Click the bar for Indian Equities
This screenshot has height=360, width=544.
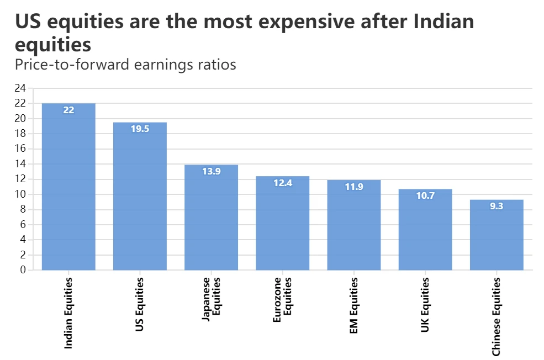pyautogui.click(x=68, y=188)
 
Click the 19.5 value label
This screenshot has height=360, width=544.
pyautogui.click(x=140, y=129)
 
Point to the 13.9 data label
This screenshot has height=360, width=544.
pyautogui.click(x=211, y=171)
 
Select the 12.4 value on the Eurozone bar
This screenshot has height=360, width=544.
pyautogui.click(x=283, y=183)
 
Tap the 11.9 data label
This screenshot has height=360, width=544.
pyautogui.click(x=354, y=187)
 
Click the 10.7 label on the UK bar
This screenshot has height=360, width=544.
pyautogui.click(x=425, y=195)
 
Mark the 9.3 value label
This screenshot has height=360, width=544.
pyautogui.click(x=497, y=207)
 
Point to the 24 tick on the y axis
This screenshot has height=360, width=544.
pyautogui.click(x=20, y=88)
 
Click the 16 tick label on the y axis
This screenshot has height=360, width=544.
pyautogui.click(x=20, y=149)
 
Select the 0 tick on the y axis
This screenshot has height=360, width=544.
pyautogui.click(x=23, y=270)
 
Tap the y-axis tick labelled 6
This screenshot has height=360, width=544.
pyautogui.click(x=23, y=225)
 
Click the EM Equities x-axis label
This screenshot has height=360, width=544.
pyautogui.click(x=354, y=305)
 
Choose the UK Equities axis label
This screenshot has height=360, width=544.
pyautogui.click(x=425, y=305)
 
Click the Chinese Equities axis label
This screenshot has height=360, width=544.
pyautogui.click(x=497, y=316)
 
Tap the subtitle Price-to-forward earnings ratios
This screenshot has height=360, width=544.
pyautogui.click(x=125, y=65)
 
